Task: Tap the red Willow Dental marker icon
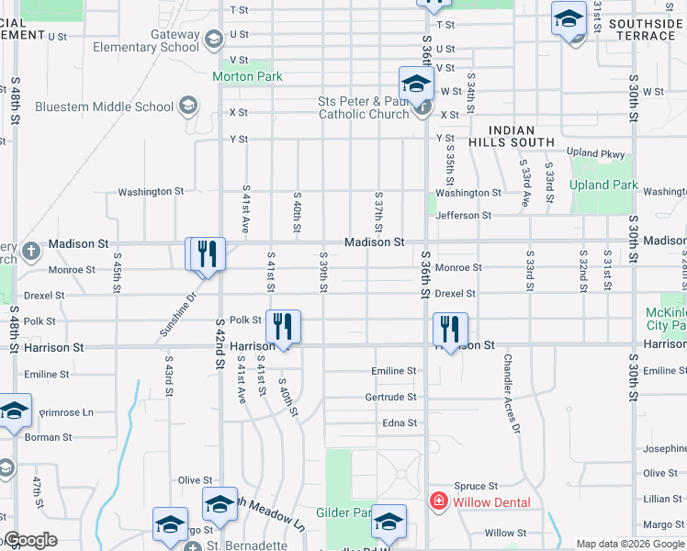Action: [x=440, y=501]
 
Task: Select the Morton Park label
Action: [x=247, y=77]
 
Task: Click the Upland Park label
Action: [x=603, y=185]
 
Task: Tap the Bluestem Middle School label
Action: [x=104, y=107]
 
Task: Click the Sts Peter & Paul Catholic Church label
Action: [x=363, y=107]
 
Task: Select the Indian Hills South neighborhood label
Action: [x=522, y=136]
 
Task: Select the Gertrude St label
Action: [x=391, y=397]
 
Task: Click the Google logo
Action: [x=29, y=540]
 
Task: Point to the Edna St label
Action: [x=400, y=422]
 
